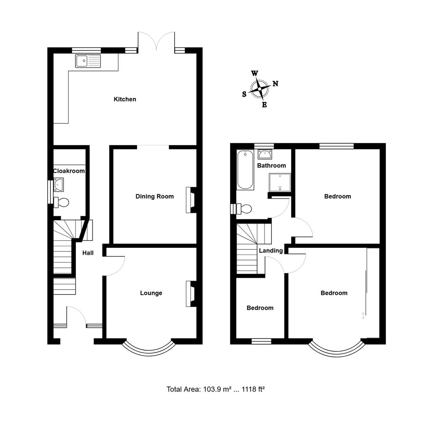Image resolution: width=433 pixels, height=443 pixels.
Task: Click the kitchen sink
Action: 88,61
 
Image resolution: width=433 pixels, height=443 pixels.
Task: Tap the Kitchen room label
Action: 125,99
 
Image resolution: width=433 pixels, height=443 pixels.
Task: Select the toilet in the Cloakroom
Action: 62,202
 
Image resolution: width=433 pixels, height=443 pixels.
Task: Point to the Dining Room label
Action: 155,196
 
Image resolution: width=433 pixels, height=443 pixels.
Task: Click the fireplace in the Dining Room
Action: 191,200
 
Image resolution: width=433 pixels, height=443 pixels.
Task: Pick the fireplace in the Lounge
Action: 191,294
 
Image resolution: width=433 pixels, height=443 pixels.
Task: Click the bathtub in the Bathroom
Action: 245,170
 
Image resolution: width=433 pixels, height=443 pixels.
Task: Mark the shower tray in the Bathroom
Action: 280,182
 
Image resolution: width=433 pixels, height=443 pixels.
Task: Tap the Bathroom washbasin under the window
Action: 264,154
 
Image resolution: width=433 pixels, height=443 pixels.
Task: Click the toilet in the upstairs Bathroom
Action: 243,209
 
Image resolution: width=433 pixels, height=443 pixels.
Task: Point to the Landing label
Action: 271,251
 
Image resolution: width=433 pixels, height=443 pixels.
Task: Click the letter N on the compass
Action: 276,84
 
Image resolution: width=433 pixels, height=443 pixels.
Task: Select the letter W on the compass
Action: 254,73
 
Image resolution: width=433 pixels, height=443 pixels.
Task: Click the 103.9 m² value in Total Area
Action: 216,389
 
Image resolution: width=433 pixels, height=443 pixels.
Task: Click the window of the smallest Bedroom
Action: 261,341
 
